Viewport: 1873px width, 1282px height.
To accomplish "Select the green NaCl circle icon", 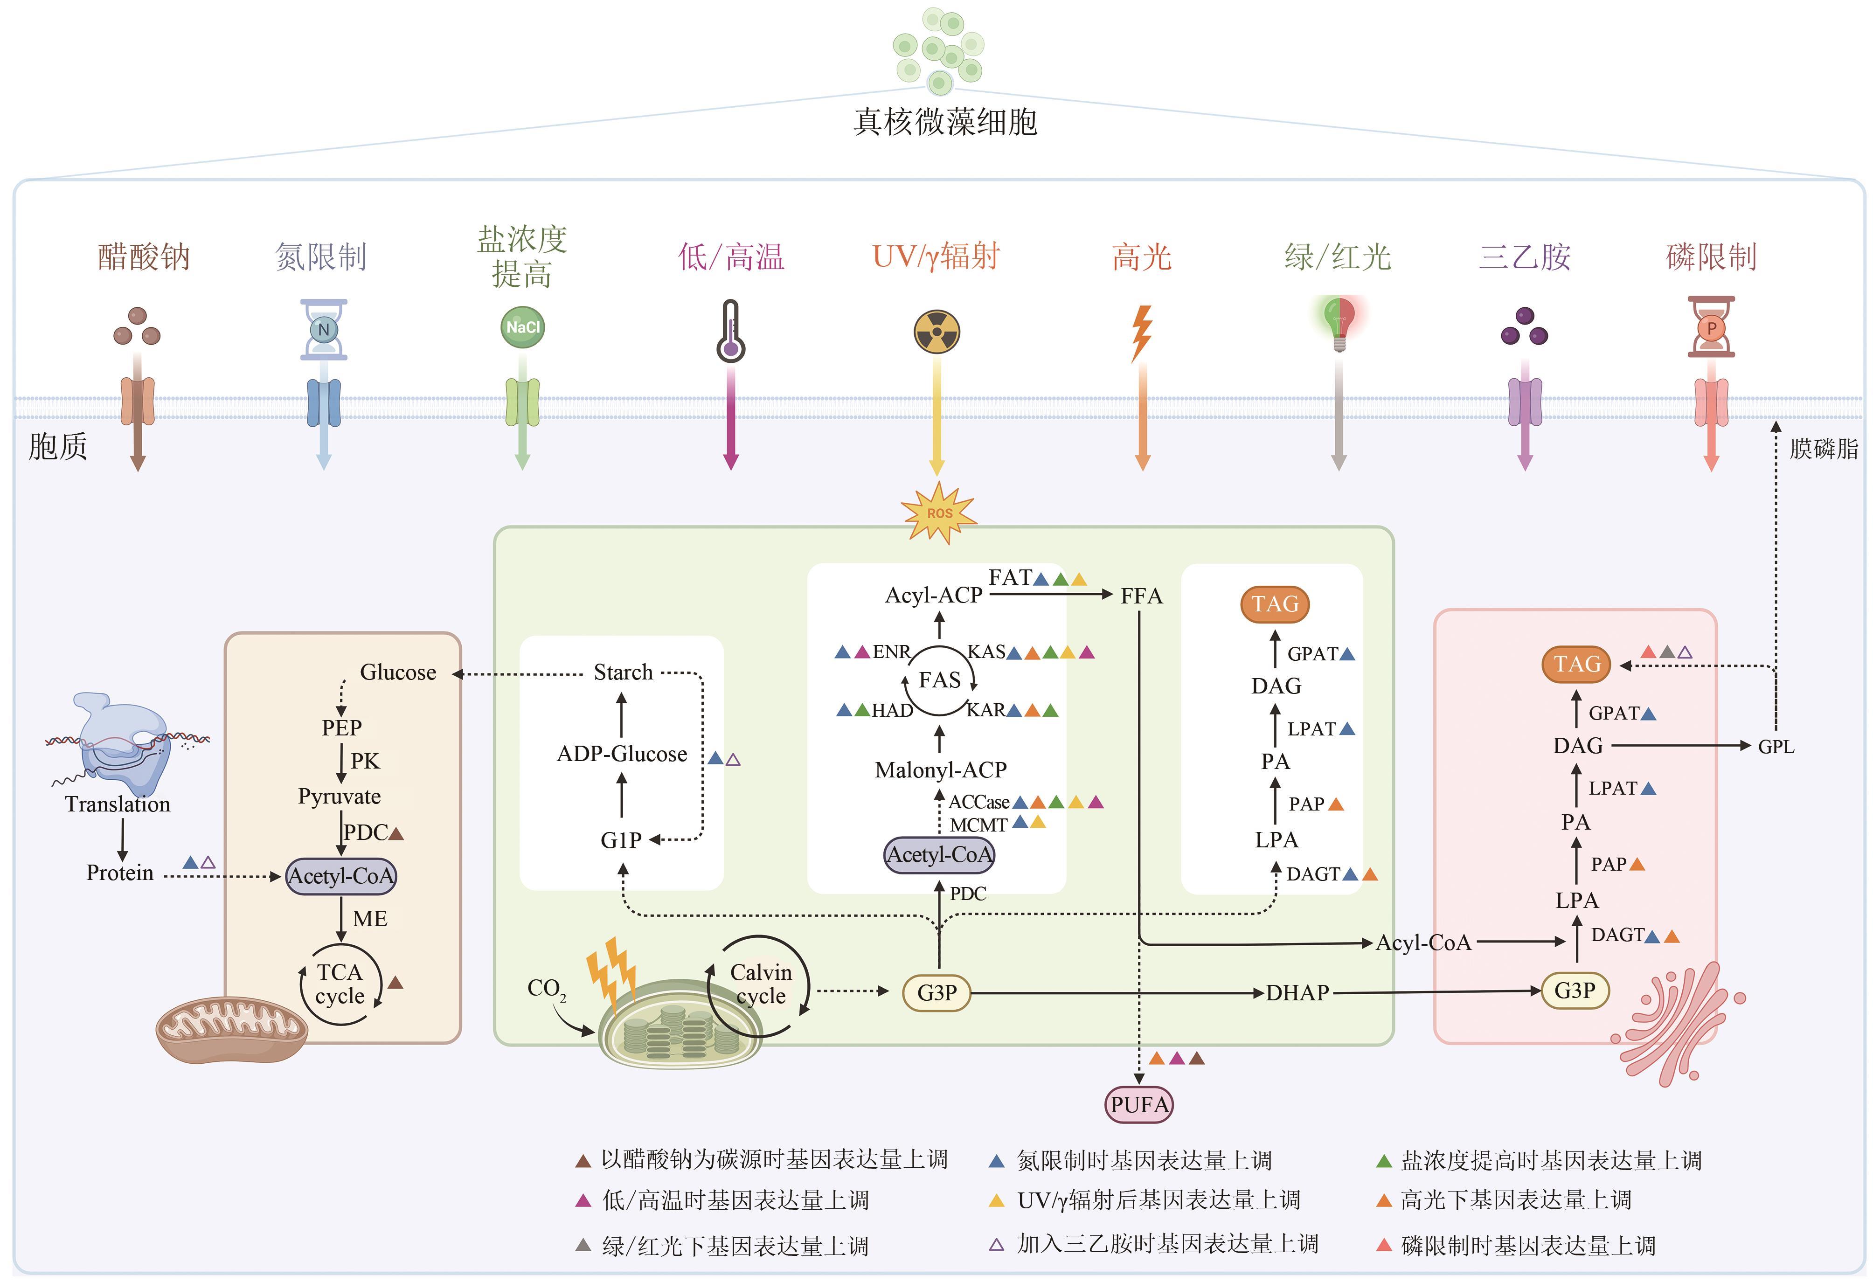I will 522,327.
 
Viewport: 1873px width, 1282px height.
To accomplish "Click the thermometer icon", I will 730,331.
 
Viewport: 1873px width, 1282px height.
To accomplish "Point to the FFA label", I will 1141,596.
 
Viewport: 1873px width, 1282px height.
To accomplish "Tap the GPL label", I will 1776,747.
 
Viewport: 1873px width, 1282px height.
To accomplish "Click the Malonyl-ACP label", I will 941,770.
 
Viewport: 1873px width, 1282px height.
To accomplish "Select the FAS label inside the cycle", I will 940,680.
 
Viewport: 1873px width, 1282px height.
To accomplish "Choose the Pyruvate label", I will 340,797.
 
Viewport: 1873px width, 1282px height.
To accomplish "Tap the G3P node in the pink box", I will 1575,991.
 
